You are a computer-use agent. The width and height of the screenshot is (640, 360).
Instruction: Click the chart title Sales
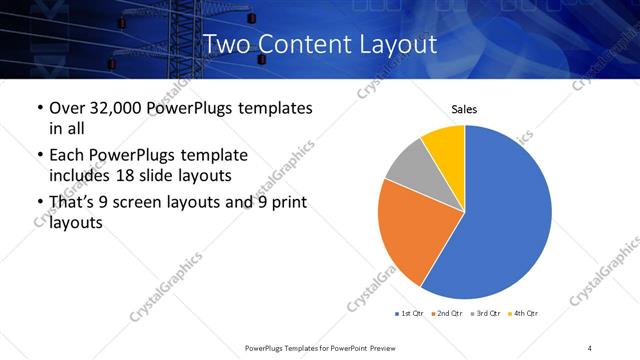tap(464, 108)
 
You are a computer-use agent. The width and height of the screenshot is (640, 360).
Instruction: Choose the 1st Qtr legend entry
tap(410, 314)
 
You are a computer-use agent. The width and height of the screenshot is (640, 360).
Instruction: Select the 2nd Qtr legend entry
tap(448, 314)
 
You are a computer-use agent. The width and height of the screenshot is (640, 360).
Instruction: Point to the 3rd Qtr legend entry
tap(486, 314)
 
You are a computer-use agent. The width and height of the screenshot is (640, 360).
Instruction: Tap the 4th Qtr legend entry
tap(524, 314)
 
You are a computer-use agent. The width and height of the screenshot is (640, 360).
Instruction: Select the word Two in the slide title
tap(226, 44)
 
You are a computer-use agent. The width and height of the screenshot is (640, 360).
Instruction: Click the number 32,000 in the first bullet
tap(115, 107)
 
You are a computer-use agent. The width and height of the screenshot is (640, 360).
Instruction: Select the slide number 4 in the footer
tap(590, 347)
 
